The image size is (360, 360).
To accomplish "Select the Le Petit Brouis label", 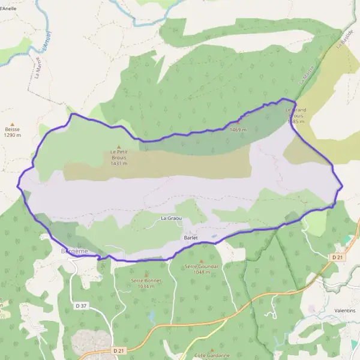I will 119,155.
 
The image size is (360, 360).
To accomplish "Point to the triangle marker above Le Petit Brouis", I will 119,147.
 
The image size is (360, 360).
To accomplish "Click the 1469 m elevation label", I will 238,130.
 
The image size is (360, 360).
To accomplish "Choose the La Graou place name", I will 171,218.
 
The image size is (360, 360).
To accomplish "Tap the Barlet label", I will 191,238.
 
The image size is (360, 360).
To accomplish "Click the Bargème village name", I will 75,251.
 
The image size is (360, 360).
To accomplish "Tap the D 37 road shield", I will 81,306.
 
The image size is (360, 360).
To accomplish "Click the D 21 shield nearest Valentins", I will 336,257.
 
